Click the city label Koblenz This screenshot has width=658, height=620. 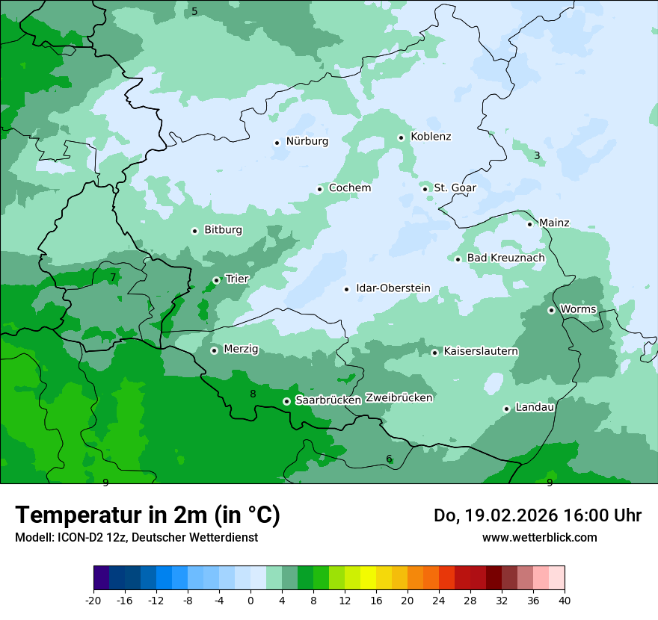pos(431,137)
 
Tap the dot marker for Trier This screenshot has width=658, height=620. pos(216,280)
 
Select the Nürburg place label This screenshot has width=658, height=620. pos(307,141)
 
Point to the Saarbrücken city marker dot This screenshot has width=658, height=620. pos(286,401)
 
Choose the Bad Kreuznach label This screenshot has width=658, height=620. pos(505,258)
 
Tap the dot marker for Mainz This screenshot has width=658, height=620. pos(529,224)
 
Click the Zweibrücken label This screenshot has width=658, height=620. pos(399,398)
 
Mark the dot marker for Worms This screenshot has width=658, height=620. pos(551,310)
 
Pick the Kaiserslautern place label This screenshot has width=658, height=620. pos(481,351)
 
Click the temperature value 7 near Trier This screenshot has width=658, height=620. pos(113,277)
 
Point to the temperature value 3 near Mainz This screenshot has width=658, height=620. pos(537,155)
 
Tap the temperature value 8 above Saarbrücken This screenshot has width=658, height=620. pos(253,394)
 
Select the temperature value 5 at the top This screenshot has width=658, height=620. pos(194,11)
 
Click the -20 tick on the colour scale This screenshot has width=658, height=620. pos(93,601)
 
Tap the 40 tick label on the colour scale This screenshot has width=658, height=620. pos(565,601)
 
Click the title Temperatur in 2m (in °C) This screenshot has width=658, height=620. pos(147,515)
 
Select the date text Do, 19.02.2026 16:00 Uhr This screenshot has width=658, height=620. pos(538,515)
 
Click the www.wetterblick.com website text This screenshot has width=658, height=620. pos(539,537)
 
